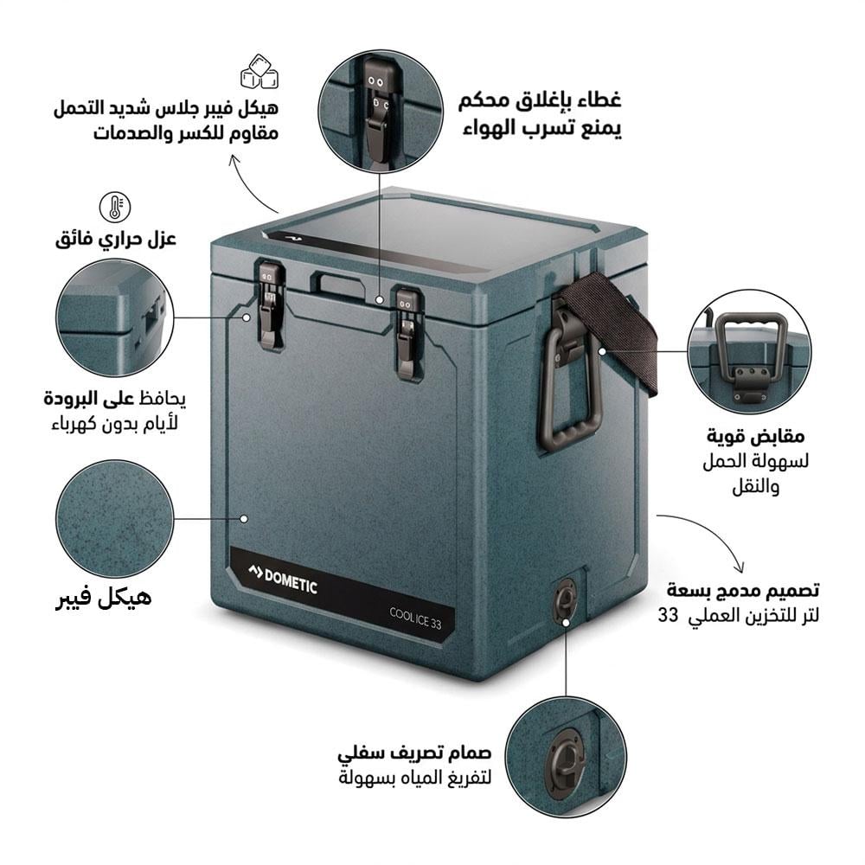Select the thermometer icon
[x=115, y=207]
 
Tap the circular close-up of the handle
[x=749, y=350]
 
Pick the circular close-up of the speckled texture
[x=114, y=519]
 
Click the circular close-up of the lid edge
[x=114, y=317]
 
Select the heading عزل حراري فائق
[x=116, y=238]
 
